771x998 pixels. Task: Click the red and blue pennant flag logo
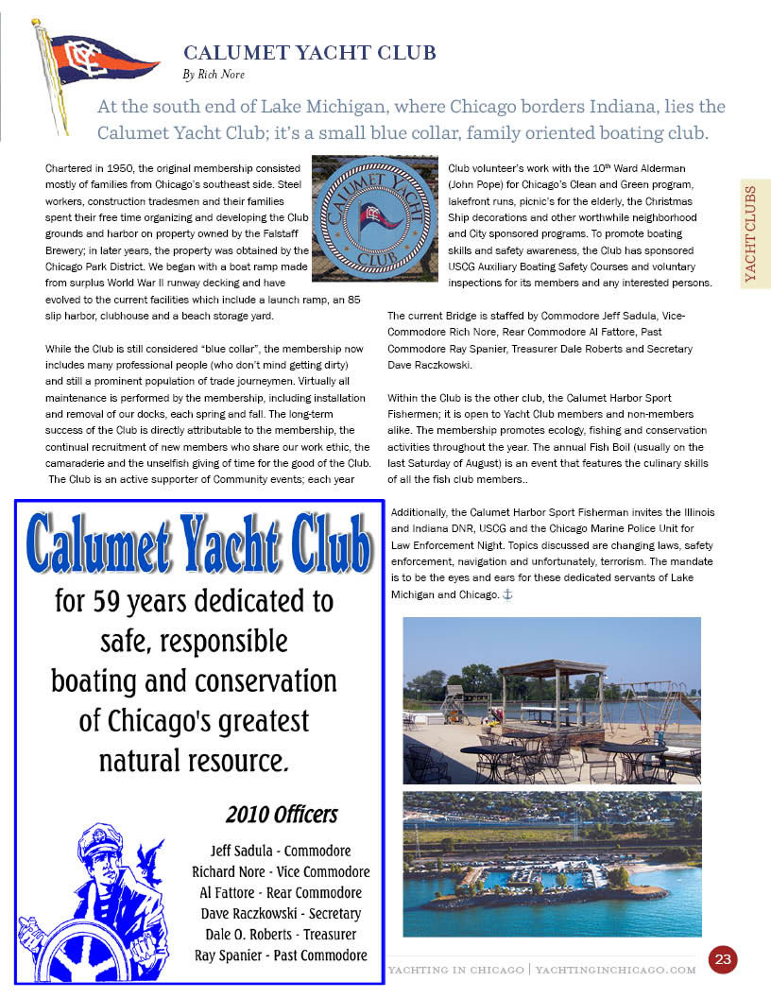[x=99, y=62]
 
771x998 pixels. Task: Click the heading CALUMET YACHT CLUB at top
[x=310, y=53]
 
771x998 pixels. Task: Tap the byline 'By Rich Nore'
[x=214, y=74]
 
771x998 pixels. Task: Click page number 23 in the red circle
[x=723, y=960]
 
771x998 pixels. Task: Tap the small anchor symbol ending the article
[x=507, y=594]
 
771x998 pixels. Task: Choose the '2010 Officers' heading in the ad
[x=281, y=815]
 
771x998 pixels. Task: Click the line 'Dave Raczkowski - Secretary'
[x=281, y=913]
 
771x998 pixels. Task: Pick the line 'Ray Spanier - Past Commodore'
[x=281, y=955]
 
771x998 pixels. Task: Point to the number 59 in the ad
[x=120, y=601]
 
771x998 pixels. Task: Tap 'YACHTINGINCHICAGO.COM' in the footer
[x=616, y=970]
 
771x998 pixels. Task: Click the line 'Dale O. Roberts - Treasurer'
[x=281, y=934]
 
